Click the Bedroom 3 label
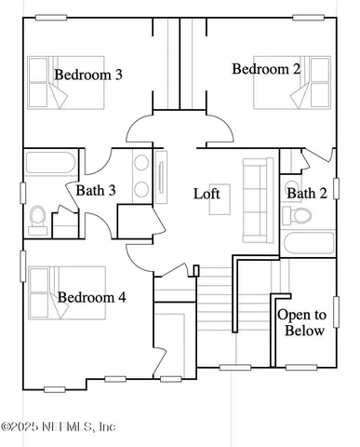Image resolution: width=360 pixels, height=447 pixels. (88, 74)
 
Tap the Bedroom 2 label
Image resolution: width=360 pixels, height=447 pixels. (266, 68)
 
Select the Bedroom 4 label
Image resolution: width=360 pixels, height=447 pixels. (92, 298)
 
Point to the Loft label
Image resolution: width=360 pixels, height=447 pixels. (207, 194)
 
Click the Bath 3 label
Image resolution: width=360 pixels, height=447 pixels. (96, 191)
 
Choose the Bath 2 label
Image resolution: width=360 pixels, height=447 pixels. (306, 193)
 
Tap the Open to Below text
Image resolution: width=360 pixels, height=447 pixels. (301, 322)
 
